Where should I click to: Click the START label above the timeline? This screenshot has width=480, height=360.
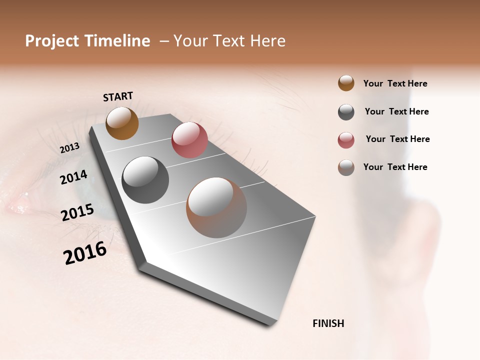[x=118, y=96]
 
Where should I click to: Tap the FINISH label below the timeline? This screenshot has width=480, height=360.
[x=328, y=323]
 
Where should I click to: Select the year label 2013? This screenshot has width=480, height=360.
[x=69, y=148]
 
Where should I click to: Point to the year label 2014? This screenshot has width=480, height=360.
[x=73, y=177]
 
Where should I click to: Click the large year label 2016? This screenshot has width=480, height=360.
[x=85, y=253]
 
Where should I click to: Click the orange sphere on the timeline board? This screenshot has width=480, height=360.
[x=122, y=123]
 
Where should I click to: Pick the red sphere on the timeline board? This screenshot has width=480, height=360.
[x=189, y=140]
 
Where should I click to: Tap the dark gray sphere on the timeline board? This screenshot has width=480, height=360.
[x=145, y=180]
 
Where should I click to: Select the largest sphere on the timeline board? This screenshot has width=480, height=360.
[x=216, y=207]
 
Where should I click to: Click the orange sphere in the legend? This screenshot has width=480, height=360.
[x=346, y=83]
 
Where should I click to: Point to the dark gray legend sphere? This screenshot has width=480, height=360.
[x=346, y=112]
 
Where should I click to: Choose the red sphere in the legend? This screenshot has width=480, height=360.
[x=346, y=140]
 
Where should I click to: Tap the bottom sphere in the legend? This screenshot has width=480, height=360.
[x=346, y=167]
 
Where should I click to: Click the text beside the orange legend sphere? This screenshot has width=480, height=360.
[x=395, y=83]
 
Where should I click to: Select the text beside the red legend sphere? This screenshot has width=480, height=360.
[x=397, y=139]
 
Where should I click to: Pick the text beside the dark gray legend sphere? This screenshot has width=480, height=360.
[x=396, y=111]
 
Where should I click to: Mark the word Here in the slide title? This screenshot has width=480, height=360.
[x=267, y=41]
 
